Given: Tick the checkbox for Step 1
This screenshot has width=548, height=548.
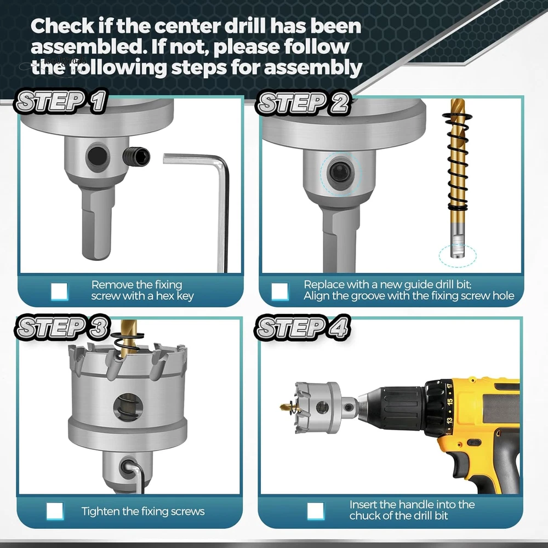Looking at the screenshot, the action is (x=59, y=291).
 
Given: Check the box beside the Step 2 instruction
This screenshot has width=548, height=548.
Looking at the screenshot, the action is (x=280, y=291).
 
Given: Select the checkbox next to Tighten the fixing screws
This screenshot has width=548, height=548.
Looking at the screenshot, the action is (x=55, y=511).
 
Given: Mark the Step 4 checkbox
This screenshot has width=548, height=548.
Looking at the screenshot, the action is (x=316, y=511).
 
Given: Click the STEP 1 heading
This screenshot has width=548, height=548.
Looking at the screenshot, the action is (x=60, y=101).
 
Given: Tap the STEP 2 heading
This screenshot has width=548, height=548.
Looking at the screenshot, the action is (x=302, y=103).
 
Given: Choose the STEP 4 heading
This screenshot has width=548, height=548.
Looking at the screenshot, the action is (x=302, y=328).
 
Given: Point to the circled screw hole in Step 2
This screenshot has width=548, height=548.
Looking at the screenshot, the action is (x=339, y=172).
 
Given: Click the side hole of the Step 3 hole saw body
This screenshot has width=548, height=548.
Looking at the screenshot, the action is (x=128, y=406).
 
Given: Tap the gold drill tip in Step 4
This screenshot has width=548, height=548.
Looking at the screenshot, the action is (x=288, y=406).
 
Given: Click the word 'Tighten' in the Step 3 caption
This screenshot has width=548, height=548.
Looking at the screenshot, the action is (x=100, y=512).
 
